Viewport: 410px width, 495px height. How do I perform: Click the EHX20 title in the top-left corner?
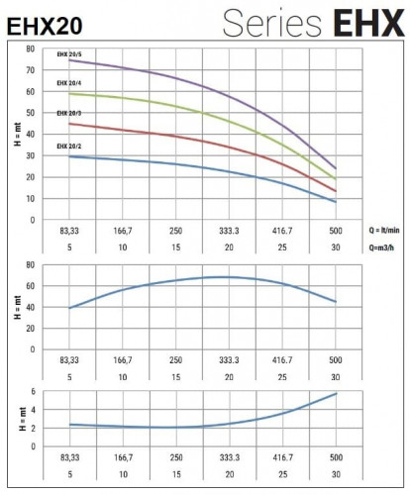click(46, 25)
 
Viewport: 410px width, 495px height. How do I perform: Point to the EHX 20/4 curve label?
click(70, 83)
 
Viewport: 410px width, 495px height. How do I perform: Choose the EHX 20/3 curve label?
click(70, 114)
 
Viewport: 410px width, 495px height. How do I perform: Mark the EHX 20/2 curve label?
click(70, 147)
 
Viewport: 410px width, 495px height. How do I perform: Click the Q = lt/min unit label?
click(382, 229)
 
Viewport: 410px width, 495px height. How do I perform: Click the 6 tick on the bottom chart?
click(33, 392)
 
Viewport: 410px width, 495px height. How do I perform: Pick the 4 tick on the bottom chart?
click(33, 410)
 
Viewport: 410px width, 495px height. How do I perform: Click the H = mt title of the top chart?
click(16, 134)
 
